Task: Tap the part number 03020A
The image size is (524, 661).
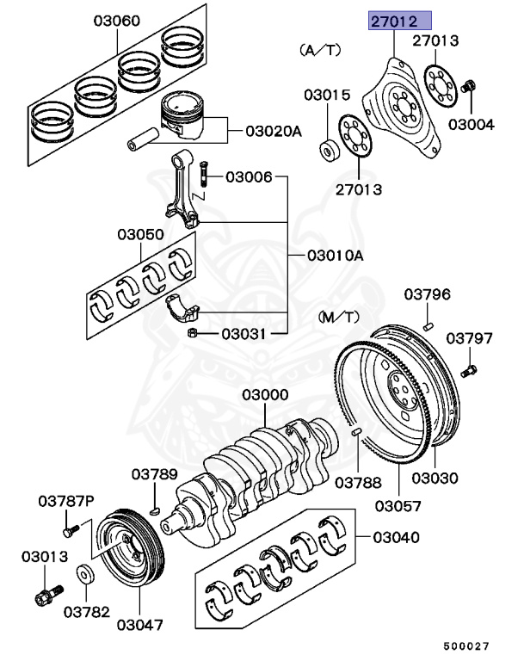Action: (x=274, y=132)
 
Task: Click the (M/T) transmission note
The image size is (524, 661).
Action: (x=336, y=318)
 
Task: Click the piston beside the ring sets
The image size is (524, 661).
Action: (x=187, y=119)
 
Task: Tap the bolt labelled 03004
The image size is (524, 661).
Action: (x=469, y=87)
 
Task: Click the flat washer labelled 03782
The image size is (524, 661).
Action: (x=86, y=572)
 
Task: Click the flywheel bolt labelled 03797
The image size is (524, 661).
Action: (x=469, y=373)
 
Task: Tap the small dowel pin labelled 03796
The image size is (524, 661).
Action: (x=428, y=325)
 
